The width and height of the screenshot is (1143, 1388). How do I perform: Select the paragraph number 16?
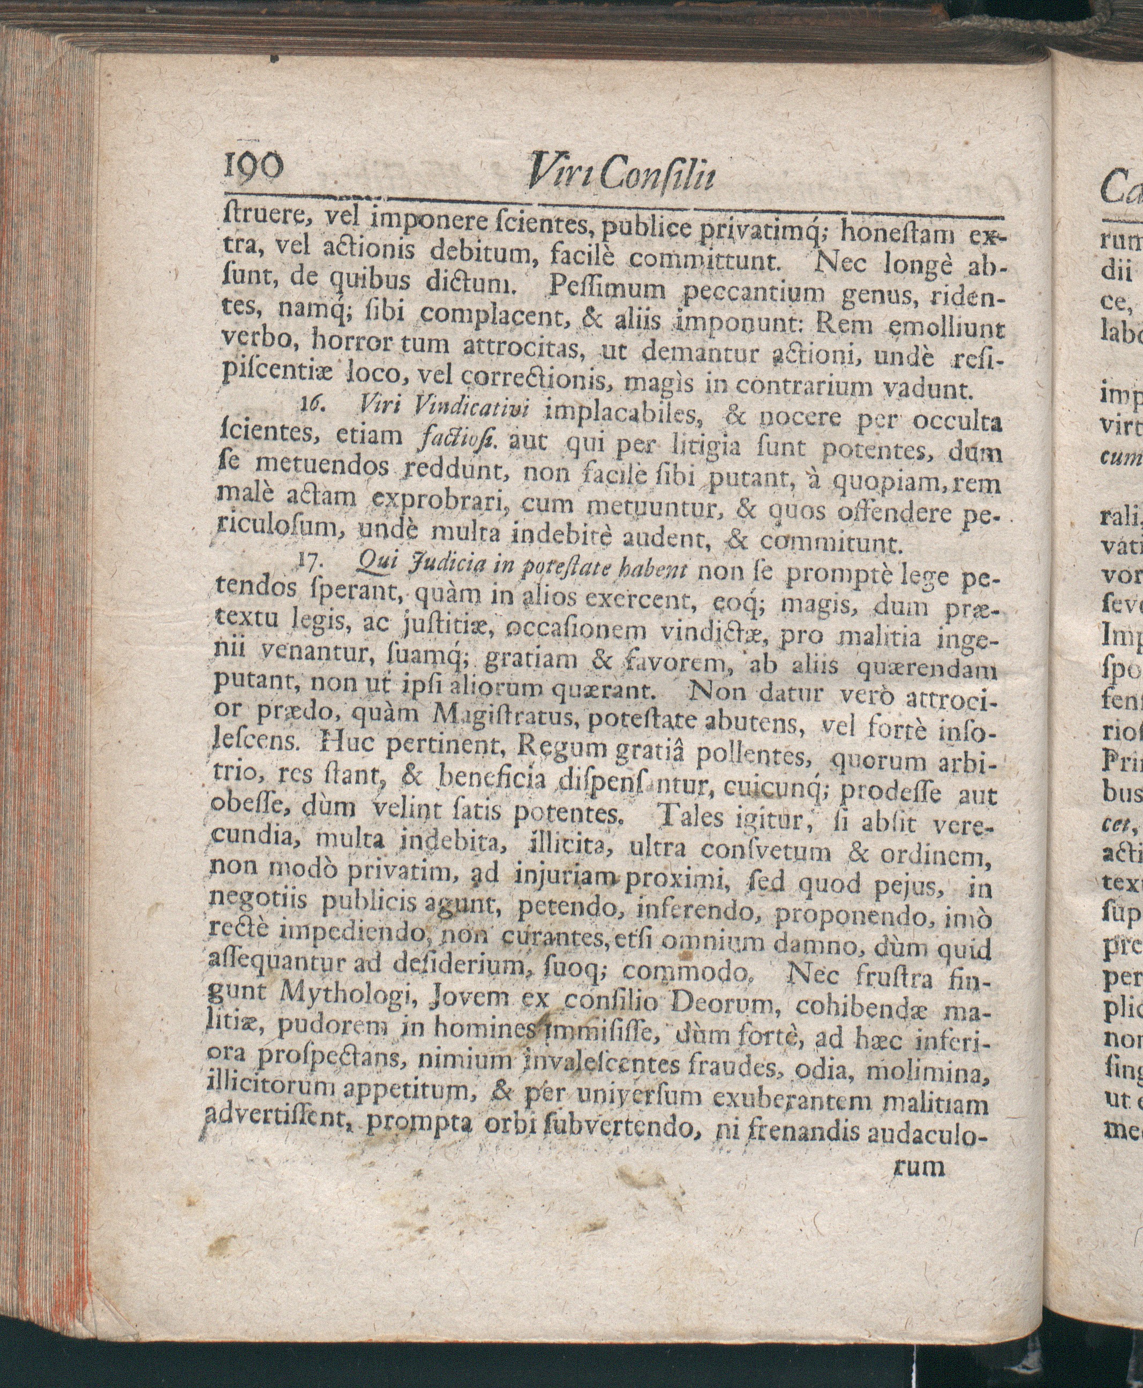click(x=310, y=406)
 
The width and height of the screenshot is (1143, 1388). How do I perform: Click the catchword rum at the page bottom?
click(x=919, y=1167)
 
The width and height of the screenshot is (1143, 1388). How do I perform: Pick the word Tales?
click(x=687, y=819)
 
